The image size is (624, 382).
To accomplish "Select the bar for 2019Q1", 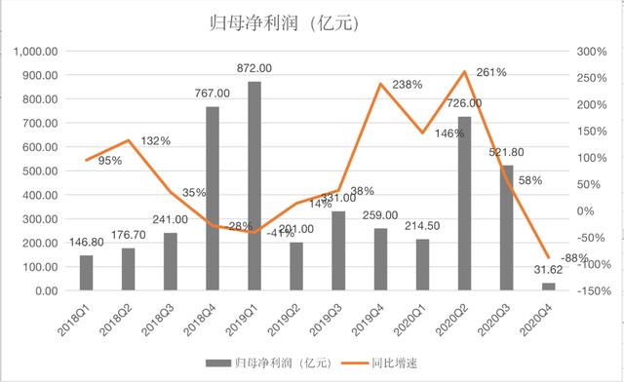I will [x=253, y=185].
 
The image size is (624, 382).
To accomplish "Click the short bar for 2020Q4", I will [x=548, y=286].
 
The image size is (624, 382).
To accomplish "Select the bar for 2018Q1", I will [x=85, y=273].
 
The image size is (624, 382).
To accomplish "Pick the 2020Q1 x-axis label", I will [x=410, y=317].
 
